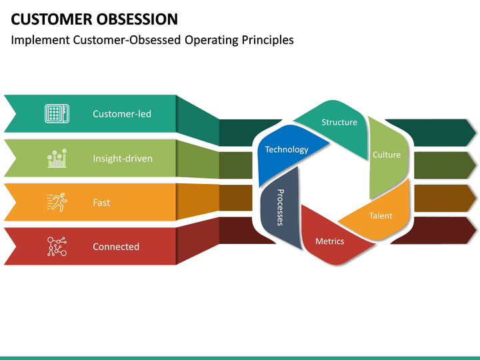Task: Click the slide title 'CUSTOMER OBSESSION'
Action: [x=94, y=19]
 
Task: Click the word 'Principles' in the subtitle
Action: [x=267, y=40]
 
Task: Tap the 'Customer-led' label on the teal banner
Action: [x=122, y=114]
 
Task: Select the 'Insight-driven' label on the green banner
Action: [x=122, y=159]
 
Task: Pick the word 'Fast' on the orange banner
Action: [x=101, y=203]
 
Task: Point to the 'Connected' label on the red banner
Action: [x=116, y=247]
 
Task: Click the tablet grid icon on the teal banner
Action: [x=55, y=113]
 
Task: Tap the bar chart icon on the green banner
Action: [x=56, y=158]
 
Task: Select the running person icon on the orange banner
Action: [x=56, y=202]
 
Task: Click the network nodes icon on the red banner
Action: [x=55, y=246]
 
